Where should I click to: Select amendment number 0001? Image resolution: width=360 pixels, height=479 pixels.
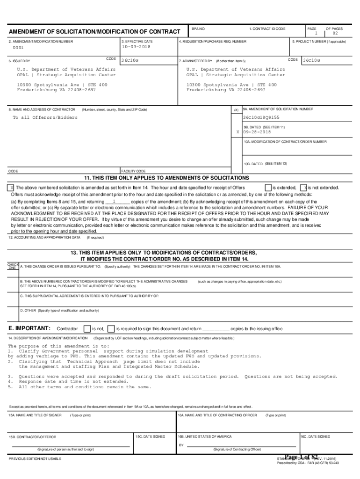tap(18, 48)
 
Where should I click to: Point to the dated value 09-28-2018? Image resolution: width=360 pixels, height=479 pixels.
tap(257, 132)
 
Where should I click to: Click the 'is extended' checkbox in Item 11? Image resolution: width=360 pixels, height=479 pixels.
tap(268, 187)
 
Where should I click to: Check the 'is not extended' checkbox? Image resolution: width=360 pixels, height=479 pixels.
tap(303, 187)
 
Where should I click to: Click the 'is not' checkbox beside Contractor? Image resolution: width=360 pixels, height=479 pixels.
tap(86, 328)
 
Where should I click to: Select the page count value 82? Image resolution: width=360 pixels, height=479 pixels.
tap(335, 33)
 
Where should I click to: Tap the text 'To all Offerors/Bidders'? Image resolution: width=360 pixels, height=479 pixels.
tap(45, 117)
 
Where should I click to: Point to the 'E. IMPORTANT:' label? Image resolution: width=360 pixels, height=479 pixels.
tap(29, 328)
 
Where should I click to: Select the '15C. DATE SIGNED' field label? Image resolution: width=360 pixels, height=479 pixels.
tap(151, 436)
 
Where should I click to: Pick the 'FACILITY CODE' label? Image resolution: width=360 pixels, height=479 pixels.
tap(134, 171)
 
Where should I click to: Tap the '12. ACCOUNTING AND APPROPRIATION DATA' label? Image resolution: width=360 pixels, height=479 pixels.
tap(44, 237)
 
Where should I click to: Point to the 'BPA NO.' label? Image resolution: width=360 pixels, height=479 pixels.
tap(199, 29)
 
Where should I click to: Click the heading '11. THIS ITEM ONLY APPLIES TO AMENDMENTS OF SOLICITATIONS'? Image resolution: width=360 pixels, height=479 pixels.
tap(166, 178)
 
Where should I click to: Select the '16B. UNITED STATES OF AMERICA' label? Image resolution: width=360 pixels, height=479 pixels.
tap(205, 436)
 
